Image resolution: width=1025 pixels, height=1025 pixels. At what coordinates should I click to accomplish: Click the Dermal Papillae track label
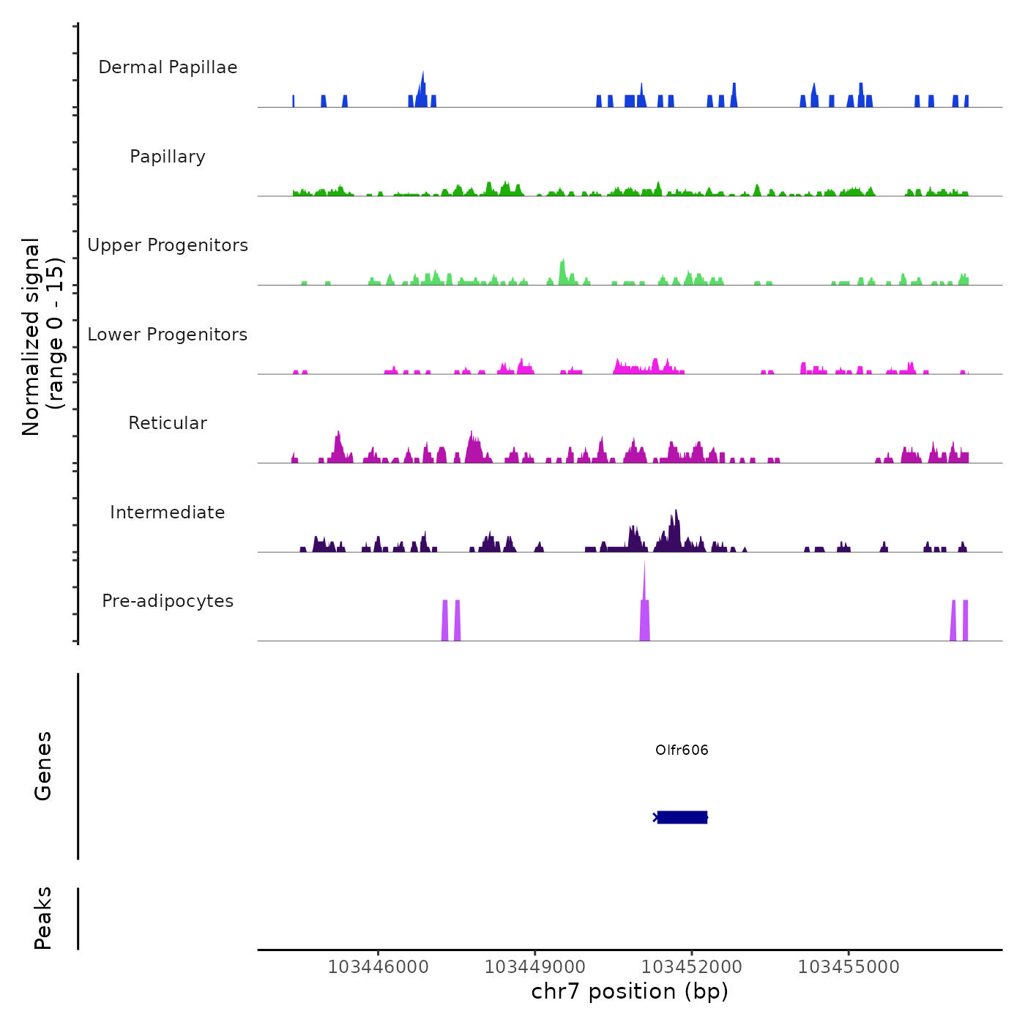pos(168,67)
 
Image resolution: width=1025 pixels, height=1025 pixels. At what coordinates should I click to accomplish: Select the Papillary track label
pos(168,157)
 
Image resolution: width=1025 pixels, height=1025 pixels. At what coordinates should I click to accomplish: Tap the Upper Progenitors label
pos(168,245)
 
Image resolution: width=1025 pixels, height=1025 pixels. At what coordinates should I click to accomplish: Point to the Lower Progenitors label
pos(168,335)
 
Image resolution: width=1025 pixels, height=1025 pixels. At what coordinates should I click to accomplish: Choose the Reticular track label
pos(168,423)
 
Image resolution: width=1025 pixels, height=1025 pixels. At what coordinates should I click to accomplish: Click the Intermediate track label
pos(168,512)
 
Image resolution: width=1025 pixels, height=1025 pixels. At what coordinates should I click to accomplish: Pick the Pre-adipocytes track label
pos(168,601)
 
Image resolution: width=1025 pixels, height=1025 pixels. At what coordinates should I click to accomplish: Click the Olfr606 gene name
pos(682,750)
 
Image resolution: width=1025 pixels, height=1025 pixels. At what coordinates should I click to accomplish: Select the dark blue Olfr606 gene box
pos(682,817)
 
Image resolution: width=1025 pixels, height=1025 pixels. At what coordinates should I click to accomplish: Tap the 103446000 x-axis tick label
pos(378,966)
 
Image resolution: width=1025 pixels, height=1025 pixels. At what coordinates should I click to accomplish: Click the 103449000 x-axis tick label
pos(534,966)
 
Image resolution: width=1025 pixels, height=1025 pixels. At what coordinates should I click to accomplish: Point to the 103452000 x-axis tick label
pos(692,966)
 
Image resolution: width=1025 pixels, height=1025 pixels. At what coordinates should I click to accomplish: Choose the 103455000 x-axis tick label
pos(849,966)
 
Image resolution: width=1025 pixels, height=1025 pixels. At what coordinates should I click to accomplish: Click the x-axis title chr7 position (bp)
pos(630,991)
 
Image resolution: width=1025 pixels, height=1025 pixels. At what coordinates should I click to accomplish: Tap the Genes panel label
pos(43,766)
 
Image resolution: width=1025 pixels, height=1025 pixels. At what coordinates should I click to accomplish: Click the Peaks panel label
pos(43,918)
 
